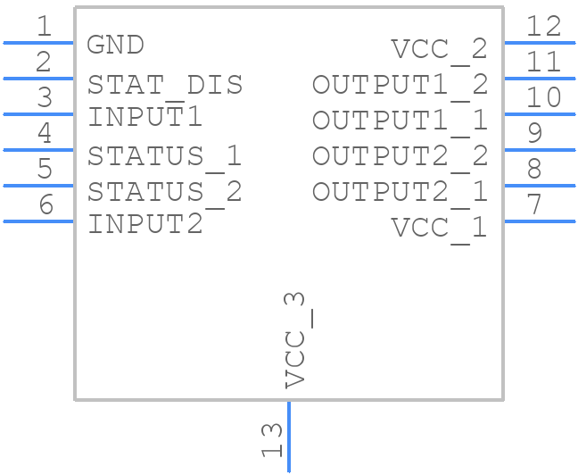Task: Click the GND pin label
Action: tap(115, 45)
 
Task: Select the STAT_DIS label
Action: tap(165, 85)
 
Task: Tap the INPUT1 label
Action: tap(144, 117)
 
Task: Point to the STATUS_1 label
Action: tap(165, 156)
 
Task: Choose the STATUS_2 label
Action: tap(165, 192)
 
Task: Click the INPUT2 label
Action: tap(144, 224)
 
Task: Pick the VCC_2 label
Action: tap(440, 49)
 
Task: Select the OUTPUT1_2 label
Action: tap(400, 85)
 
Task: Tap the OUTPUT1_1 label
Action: tap(400, 121)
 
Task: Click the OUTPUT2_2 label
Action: tap(400, 156)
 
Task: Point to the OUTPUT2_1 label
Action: tap(400, 192)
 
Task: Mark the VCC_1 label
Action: tap(440, 228)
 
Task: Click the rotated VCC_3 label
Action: tap(297, 340)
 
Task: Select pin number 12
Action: tap(543, 27)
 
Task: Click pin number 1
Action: tap(44, 27)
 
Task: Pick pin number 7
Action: tap(534, 205)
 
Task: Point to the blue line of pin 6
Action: tap(38, 221)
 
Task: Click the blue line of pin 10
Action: tap(541, 113)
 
